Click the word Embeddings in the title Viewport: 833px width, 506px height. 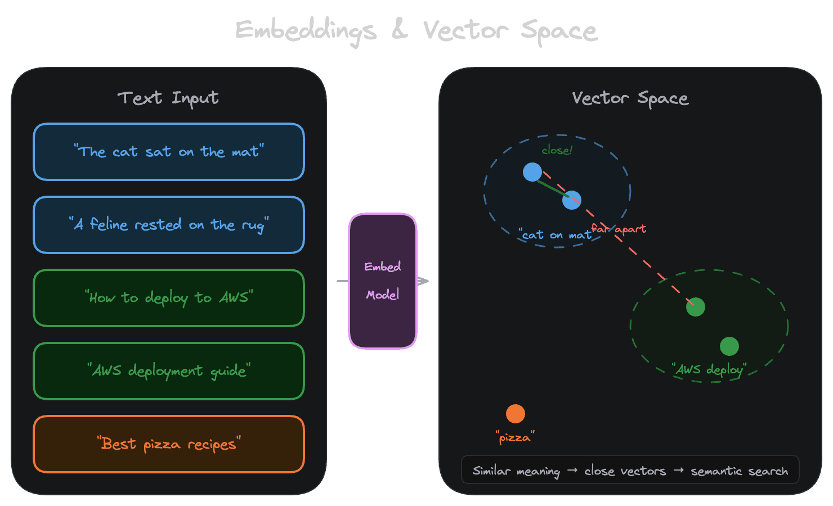[x=306, y=30]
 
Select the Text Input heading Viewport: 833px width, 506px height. [x=168, y=98]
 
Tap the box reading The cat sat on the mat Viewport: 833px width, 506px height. [x=169, y=152]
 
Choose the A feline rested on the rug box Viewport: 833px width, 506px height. [x=169, y=225]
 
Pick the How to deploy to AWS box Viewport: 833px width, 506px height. [x=169, y=298]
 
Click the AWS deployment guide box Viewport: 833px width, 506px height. [x=169, y=371]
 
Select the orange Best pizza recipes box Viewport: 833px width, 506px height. [x=169, y=444]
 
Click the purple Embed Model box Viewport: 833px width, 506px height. [x=383, y=281]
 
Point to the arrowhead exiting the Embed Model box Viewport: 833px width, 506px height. [x=423, y=281]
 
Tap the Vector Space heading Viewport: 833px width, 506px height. [x=630, y=98]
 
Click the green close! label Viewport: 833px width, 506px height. [x=557, y=150]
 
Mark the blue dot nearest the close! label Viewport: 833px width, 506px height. [x=532, y=172]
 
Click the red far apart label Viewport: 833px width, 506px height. [x=619, y=229]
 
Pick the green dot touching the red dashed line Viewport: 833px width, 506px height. [x=696, y=307]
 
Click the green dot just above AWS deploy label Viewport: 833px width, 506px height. [x=729, y=346]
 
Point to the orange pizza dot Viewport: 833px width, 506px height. [x=516, y=414]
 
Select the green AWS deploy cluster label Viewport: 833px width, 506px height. [x=709, y=370]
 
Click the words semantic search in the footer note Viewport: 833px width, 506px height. [x=739, y=471]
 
